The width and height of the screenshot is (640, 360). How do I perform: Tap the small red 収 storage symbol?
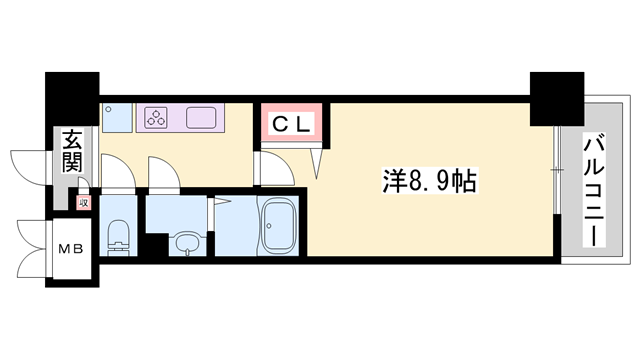coord(84,202)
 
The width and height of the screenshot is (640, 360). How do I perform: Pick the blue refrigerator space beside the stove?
coord(118,118)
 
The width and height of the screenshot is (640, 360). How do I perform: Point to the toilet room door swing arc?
coord(116,172)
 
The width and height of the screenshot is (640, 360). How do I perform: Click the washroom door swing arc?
coord(164,172)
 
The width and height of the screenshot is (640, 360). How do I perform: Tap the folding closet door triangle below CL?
coord(319,158)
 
